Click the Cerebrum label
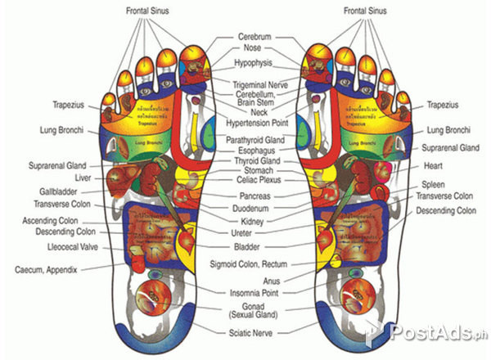[255, 38]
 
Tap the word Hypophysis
[255, 63]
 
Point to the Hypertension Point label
[255, 123]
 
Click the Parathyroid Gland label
[255, 141]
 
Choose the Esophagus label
[255, 151]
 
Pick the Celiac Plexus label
[255, 180]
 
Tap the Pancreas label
[255, 197]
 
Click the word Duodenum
[255, 209]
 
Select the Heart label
[433, 173]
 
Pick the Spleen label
[433, 185]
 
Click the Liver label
[83, 177]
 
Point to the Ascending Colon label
[50, 221]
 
